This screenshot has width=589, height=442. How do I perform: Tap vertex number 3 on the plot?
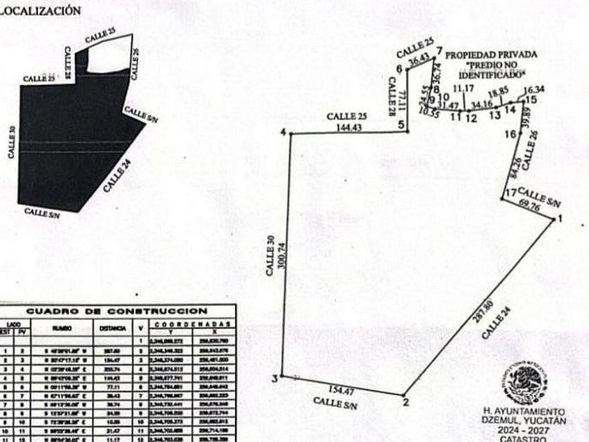276,379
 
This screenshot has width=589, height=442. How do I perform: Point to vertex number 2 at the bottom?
405,402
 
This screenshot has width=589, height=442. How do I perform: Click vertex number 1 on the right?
560,220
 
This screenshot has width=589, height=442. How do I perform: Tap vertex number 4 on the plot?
283,133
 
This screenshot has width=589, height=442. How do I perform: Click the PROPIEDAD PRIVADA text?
492,54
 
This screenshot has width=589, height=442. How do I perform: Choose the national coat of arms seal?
524,382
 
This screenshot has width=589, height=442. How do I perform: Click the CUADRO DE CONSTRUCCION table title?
117,311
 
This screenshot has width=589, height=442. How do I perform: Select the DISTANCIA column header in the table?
113,328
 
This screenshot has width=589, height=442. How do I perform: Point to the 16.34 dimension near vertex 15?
534,90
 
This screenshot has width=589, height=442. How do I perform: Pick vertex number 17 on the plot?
510,192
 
